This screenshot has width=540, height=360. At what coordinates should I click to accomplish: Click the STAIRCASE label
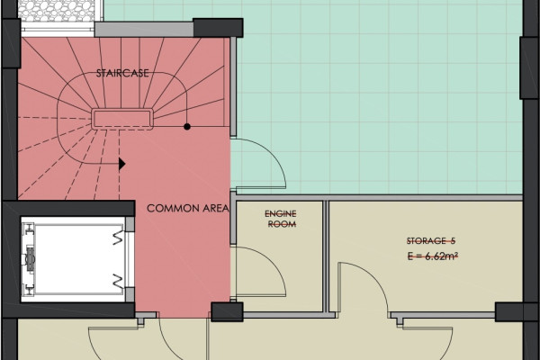point(122,74)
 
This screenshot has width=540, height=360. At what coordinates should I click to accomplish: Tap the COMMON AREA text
point(188,208)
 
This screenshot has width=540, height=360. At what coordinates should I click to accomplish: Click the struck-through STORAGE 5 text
point(431,241)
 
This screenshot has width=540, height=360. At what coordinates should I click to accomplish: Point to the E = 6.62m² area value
point(433,256)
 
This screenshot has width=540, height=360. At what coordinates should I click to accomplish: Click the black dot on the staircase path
point(187,127)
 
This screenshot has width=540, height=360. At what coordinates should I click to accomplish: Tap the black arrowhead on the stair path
point(121,164)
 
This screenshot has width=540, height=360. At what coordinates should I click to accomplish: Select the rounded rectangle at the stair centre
point(122,119)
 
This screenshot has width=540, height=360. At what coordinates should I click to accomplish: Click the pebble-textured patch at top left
point(58,11)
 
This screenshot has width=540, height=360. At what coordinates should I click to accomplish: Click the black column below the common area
point(227,311)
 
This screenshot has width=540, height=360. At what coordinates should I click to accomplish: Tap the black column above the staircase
point(218,28)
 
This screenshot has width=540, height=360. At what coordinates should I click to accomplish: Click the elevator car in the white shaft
point(78,259)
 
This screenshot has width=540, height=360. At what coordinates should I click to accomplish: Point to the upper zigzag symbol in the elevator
point(118,237)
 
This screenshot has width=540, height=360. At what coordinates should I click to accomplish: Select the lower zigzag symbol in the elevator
point(118,281)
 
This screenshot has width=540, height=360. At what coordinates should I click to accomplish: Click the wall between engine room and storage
point(325,256)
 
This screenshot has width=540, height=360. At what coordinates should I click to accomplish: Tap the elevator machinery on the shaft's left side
point(29,259)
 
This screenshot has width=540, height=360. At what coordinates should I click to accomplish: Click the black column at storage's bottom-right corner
point(509,311)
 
